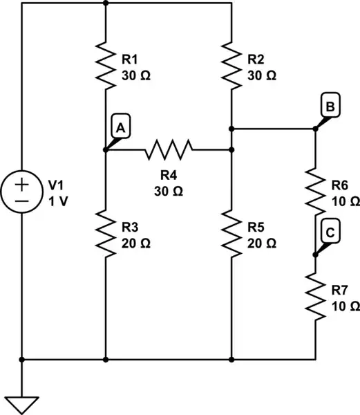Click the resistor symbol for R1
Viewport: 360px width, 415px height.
[105, 66]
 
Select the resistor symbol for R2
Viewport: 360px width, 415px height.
[231, 66]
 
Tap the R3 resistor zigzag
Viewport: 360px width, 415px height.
[105, 234]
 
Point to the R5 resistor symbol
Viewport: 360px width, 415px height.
[231, 234]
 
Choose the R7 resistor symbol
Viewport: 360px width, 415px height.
[315, 296]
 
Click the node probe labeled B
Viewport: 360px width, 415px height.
[330, 107]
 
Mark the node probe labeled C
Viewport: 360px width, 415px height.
[330, 234]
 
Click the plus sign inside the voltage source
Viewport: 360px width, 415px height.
[22, 185]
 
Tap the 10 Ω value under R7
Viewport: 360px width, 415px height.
[345, 305]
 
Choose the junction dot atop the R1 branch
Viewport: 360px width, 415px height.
[105, 2]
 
